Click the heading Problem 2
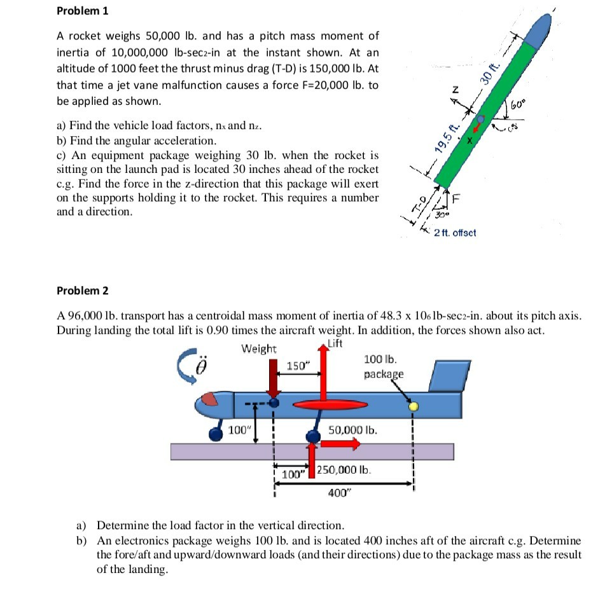tap(82, 291)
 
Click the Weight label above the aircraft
tap(259, 348)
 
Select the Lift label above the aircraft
tap(335, 344)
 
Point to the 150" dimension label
tap(296, 366)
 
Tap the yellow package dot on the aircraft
tap(414, 406)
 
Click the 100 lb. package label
tap(384, 368)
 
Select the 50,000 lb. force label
tap(353, 430)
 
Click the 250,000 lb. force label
tap(344, 471)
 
